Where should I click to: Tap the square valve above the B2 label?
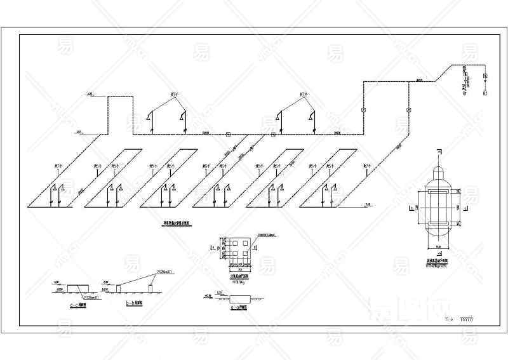tap(485, 77)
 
